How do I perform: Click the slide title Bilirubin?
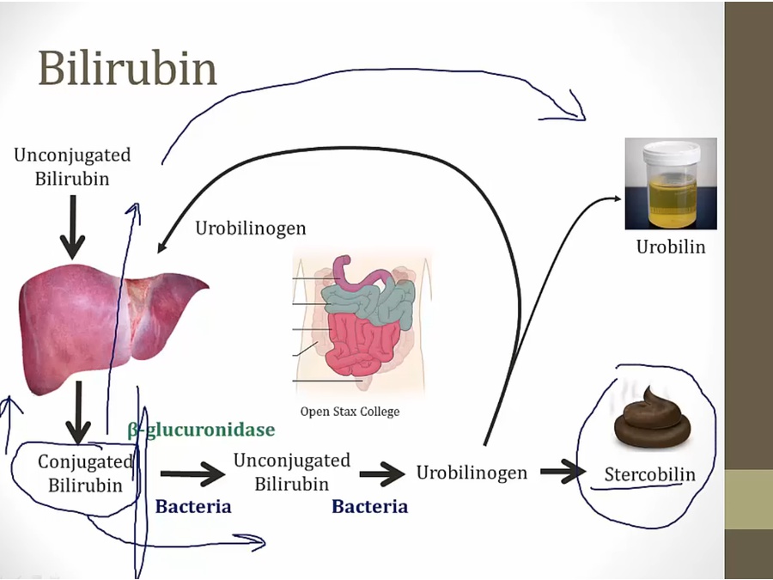(x=127, y=69)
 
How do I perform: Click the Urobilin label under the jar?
(x=671, y=247)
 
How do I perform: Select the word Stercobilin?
(x=649, y=474)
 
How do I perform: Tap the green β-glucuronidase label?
(x=201, y=430)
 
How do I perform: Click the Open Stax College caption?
(x=350, y=412)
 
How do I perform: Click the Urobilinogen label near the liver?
(x=251, y=229)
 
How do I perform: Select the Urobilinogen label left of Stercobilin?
(x=472, y=473)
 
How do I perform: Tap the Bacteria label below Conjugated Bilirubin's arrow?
(x=193, y=506)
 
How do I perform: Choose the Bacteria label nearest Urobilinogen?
(x=369, y=506)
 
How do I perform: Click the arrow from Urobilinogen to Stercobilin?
(x=562, y=471)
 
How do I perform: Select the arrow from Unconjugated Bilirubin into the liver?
(x=72, y=225)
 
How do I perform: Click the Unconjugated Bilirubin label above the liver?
(x=72, y=167)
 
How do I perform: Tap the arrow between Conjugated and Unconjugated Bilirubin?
(x=192, y=473)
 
